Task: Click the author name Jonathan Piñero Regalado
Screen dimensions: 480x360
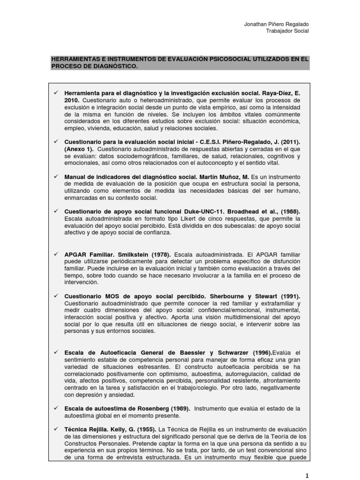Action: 277,24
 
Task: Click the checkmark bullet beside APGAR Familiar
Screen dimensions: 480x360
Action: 55,254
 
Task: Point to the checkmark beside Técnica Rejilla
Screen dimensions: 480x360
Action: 55,429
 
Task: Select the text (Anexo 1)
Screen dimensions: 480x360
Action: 78,150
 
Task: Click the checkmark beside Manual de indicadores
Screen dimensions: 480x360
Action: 55,176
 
